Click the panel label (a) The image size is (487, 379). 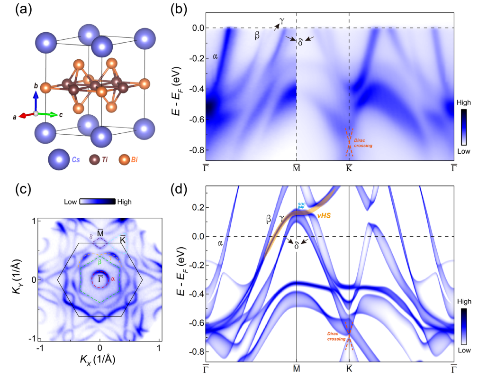pos(18,10)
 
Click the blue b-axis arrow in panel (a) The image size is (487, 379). pos(36,101)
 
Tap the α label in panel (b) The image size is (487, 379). pos(216,56)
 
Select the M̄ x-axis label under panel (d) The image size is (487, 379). pos(297,368)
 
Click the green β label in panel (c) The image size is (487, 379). pos(99,262)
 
